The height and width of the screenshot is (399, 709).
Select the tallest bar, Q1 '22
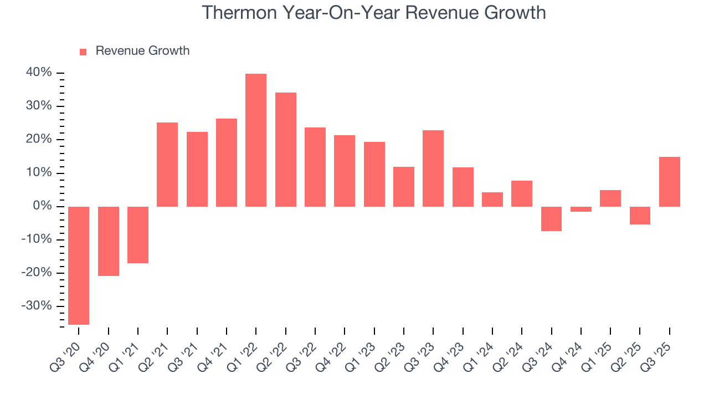click(x=256, y=140)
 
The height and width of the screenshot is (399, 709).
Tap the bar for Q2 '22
click(x=286, y=149)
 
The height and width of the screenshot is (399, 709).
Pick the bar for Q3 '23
click(x=433, y=168)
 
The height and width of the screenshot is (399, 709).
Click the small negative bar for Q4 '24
click(x=581, y=209)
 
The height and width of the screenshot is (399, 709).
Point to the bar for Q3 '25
click(x=670, y=181)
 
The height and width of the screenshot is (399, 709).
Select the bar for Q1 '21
click(x=138, y=234)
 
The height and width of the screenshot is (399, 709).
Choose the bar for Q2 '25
click(x=640, y=215)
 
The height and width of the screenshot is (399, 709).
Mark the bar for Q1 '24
click(x=492, y=199)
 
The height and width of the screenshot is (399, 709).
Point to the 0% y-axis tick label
click(x=42, y=206)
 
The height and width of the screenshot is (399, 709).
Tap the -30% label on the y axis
click(x=37, y=306)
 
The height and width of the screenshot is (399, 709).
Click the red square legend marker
click(x=83, y=52)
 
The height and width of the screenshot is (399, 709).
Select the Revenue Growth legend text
click(x=142, y=51)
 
